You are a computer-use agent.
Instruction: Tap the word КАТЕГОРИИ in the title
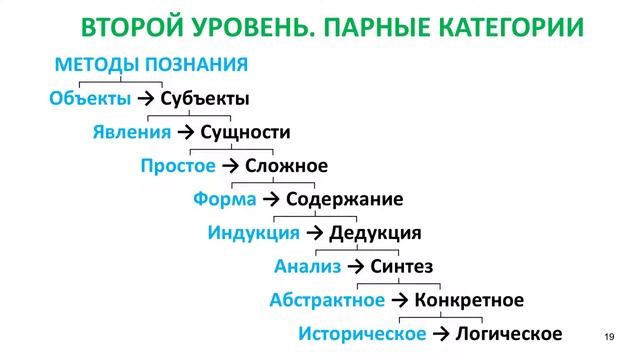point(506,27)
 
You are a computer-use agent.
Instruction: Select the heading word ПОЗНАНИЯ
point(196,66)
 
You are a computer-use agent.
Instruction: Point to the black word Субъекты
point(205,99)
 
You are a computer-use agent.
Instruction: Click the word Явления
point(133,132)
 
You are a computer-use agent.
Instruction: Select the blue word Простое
point(178,166)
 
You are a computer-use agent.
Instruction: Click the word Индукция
point(254,233)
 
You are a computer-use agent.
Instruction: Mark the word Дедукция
point(375,233)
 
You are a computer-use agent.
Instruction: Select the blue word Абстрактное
point(327,300)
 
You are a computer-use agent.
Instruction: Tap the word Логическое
point(509,334)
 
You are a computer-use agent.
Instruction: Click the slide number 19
point(609,334)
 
